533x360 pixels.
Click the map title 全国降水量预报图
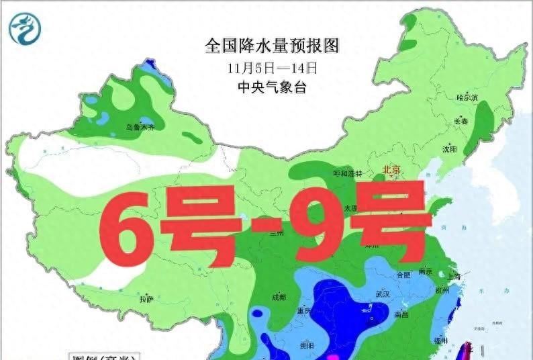(273, 46)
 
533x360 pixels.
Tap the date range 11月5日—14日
(272, 68)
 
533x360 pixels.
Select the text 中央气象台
(272, 87)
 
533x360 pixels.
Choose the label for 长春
(461, 122)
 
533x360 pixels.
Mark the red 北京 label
(391, 171)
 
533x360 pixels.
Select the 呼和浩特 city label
(347, 173)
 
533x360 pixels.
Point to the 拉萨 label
(146, 299)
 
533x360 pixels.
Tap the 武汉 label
(384, 294)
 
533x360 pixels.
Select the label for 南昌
(402, 314)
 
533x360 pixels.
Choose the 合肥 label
(403, 275)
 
